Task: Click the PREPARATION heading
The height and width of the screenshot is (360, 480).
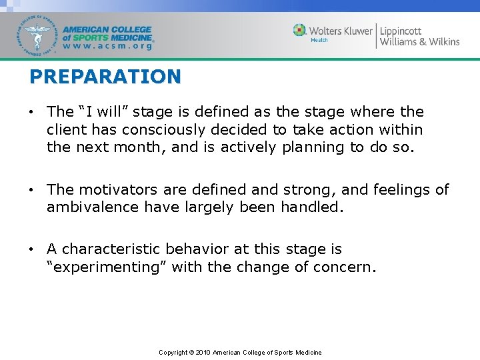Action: [x=105, y=77]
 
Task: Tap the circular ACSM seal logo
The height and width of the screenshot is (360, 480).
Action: [x=37, y=35]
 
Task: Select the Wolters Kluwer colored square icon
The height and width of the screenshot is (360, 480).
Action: [x=300, y=31]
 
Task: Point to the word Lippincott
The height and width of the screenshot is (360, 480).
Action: [x=401, y=31]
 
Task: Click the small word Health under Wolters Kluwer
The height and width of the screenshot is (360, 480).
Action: [x=319, y=41]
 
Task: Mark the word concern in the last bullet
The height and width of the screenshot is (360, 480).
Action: [x=348, y=267]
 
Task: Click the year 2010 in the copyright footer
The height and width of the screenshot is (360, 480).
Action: [x=203, y=352]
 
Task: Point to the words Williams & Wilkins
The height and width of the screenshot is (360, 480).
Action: [x=419, y=42]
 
